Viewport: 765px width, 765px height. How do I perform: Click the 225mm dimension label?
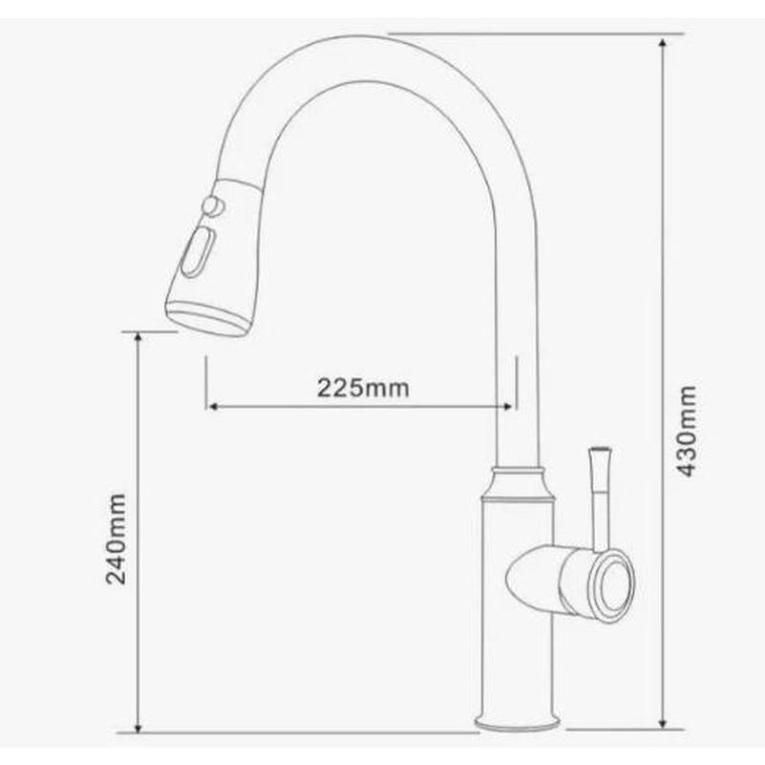tap(363, 389)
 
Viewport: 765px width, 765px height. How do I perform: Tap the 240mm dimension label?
tap(117, 539)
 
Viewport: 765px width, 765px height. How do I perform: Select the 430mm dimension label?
tap(687, 432)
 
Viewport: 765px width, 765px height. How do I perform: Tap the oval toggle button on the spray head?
tap(198, 253)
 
